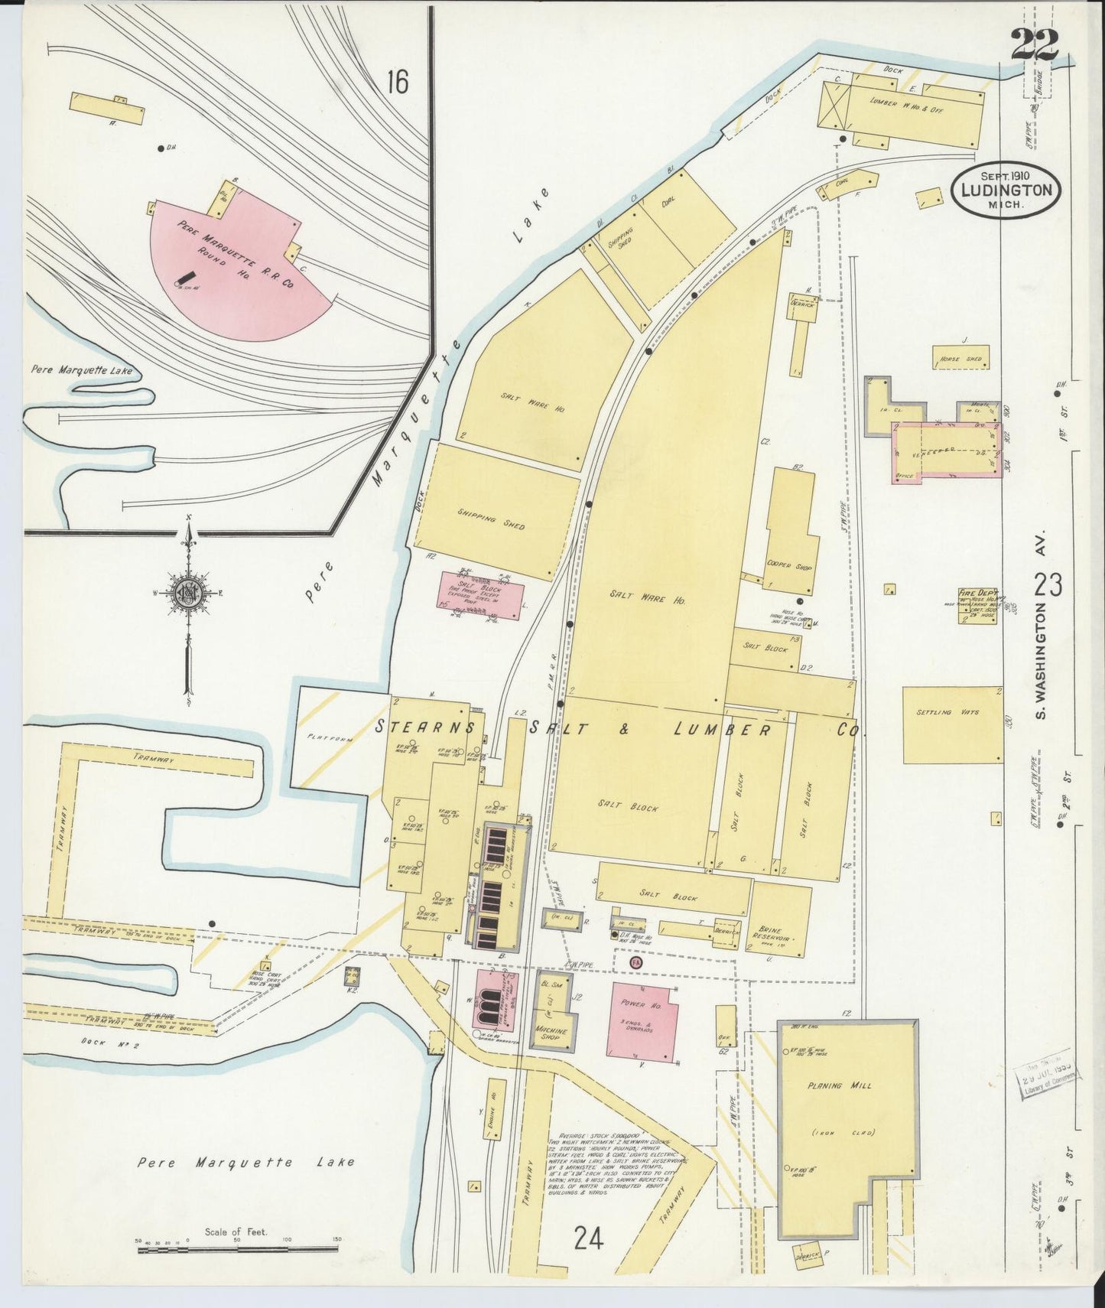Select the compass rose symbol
tap(187, 593)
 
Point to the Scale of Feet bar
tap(237, 1249)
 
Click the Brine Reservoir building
tap(780, 920)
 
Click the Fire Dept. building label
tap(974, 593)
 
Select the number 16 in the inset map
tap(397, 80)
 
